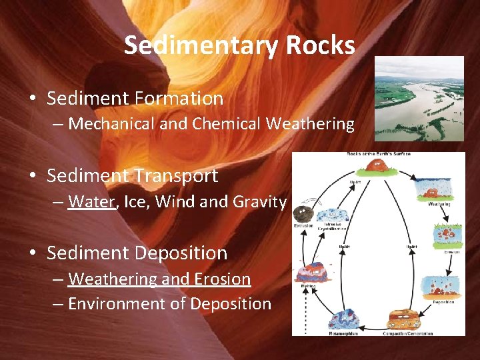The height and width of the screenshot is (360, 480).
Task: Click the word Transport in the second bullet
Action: [176, 176]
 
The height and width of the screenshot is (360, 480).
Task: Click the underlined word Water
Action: [91, 201]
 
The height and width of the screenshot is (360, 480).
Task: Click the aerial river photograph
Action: [419, 98]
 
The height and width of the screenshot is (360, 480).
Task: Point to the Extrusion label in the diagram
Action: [303, 226]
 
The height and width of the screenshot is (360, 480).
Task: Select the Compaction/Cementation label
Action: [407, 333]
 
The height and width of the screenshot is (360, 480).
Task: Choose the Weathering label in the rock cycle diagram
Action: [439, 204]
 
